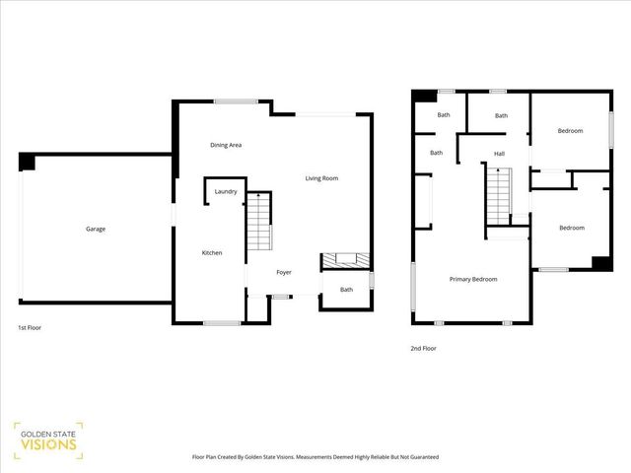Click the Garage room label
96,229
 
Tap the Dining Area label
227,145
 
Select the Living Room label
321,178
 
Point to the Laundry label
226,191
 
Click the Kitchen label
212,253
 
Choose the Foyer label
284,272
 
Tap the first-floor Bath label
347,290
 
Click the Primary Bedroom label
473,279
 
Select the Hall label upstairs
499,153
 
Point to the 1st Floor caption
30,327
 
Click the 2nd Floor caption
423,348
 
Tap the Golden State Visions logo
47,440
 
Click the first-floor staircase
258,223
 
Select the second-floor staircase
498,196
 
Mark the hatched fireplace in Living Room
346,260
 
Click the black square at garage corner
28,163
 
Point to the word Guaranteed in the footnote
419,457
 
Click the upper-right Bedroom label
570,131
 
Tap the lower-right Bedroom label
572,228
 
